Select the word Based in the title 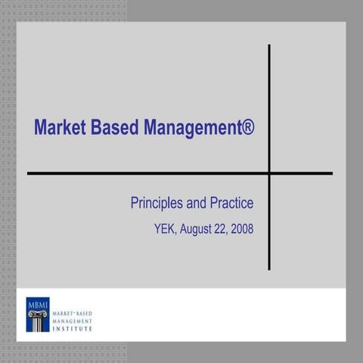coord(115,127)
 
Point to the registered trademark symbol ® coord(248,126)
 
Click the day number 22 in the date coord(222,226)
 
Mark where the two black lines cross coord(269,173)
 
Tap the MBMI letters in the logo coord(36,305)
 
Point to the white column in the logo coord(36,318)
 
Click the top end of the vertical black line coord(269,46)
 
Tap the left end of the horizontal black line coord(29,173)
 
